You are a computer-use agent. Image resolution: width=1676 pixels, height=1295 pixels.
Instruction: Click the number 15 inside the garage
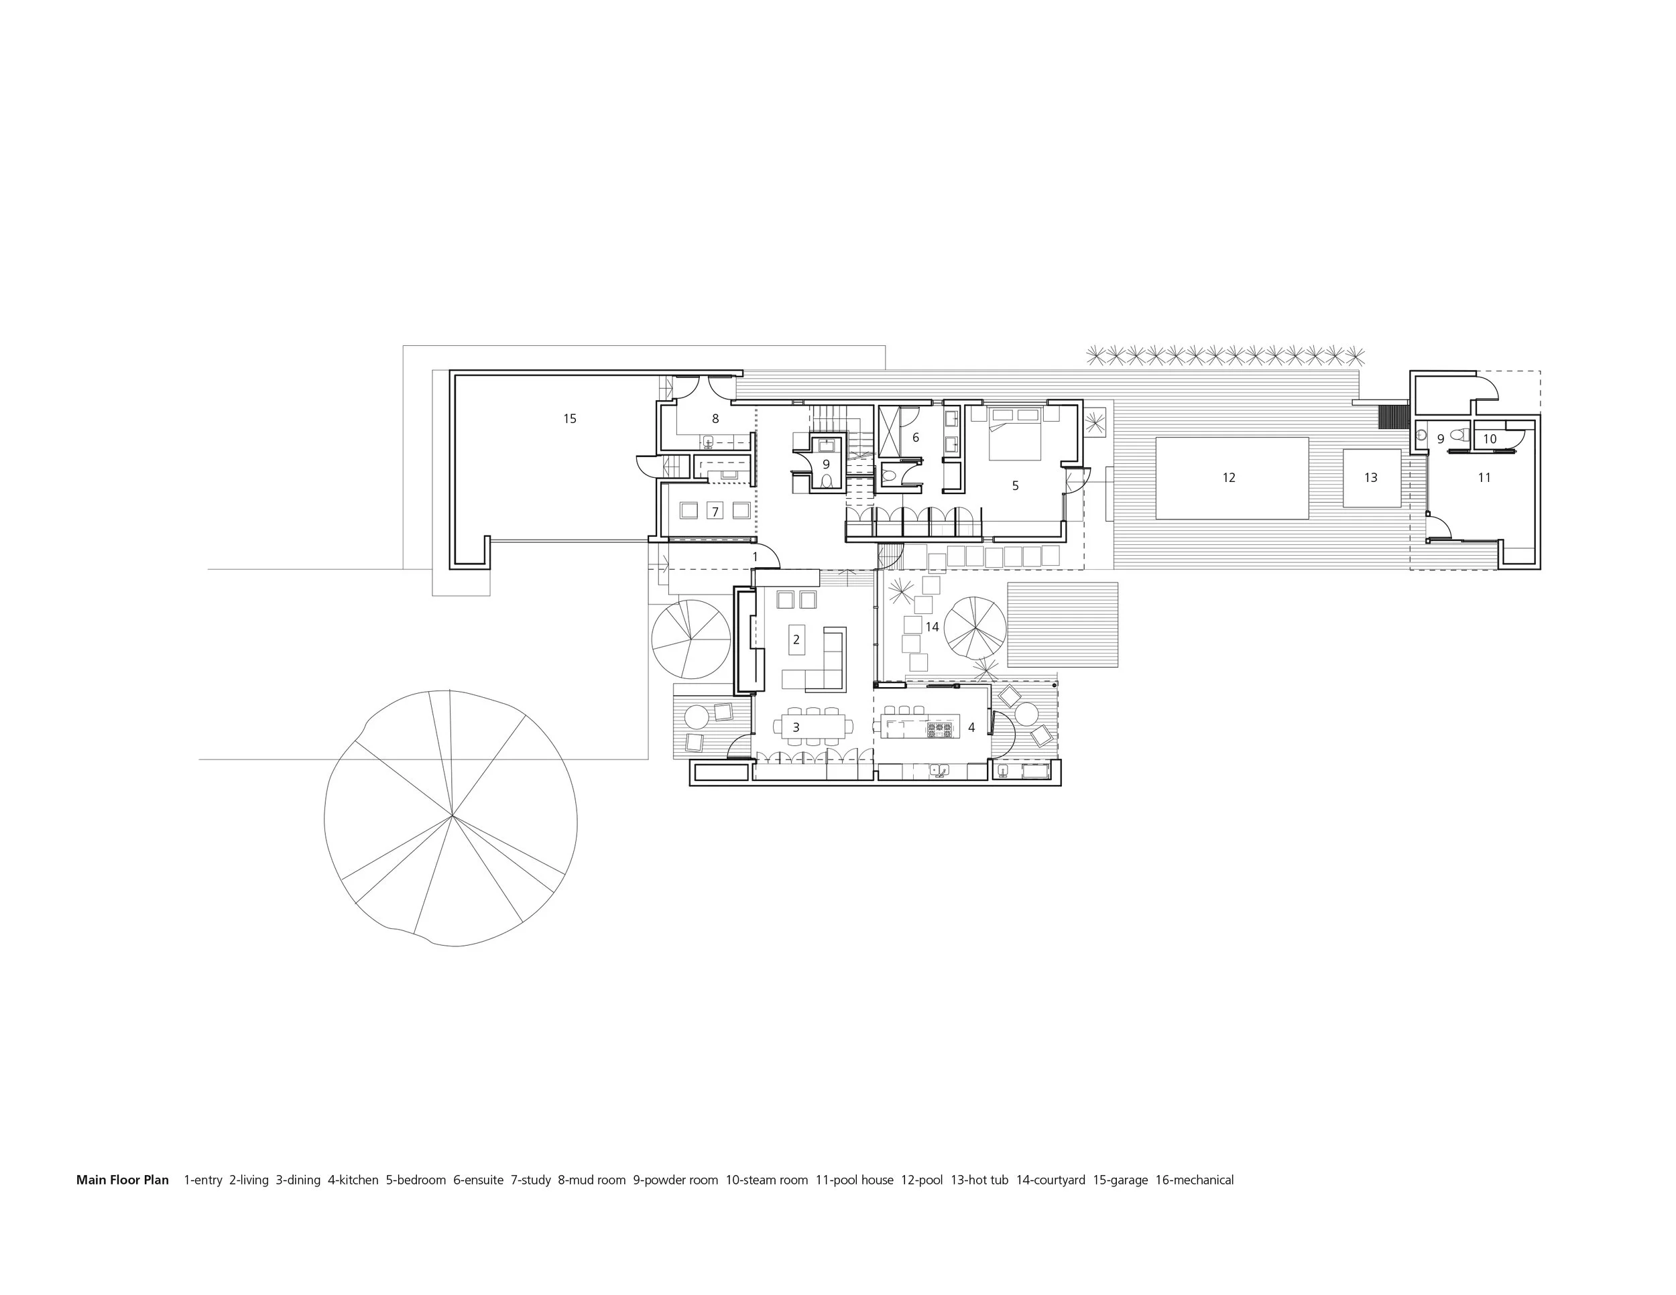(x=569, y=419)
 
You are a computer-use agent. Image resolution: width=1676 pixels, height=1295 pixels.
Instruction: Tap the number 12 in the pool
(x=1229, y=478)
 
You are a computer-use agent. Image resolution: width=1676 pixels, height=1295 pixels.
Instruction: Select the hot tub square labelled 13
(x=1372, y=478)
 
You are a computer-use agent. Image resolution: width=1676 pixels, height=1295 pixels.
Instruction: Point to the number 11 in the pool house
(x=1484, y=478)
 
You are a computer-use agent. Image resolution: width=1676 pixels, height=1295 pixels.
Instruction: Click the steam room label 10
(x=1490, y=440)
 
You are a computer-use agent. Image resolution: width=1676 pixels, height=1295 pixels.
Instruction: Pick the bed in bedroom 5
(x=1014, y=434)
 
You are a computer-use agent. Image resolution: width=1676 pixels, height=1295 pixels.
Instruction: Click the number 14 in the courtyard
(x=932, y=627)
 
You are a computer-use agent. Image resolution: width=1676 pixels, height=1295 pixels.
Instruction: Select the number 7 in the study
(x=715, y=511)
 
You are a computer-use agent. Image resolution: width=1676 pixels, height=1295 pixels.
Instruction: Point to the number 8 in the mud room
(x=715, y=419)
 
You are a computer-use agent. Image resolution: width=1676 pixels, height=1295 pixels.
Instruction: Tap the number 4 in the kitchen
(x=971, y=727)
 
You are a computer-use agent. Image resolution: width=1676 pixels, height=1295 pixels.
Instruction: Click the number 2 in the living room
(x=796, y=639)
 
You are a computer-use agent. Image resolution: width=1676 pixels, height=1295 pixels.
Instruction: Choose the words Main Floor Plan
(x=122, y=1180)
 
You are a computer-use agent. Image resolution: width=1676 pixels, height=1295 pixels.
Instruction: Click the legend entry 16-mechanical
(x=1194, y=1180)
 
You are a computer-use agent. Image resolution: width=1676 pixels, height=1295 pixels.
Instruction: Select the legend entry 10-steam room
(x=767, y=1180)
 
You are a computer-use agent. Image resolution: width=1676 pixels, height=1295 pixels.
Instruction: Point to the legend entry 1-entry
(x=202, y=1180)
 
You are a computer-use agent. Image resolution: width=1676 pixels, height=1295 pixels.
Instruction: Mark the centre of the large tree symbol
(x=451, y=816)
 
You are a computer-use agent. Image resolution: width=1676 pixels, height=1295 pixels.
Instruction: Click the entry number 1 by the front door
(x=755, y=556)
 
